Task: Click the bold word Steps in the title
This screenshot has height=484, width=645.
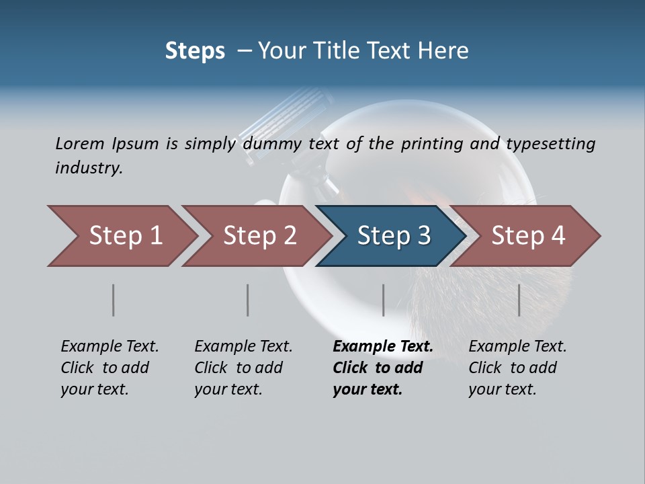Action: click(x=195, y=51)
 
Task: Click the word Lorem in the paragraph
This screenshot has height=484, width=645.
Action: click(x=80, y=144)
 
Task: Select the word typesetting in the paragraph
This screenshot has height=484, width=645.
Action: click(x=550, y=144)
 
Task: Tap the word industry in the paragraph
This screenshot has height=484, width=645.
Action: click(x=89, y=168)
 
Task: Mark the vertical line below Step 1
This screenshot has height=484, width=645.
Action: click(x=114, y=300)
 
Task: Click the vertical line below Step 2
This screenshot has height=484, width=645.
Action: click(x=248, y=300)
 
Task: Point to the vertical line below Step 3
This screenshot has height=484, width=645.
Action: click(x=383, y=300)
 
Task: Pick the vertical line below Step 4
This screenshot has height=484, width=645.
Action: click(x=519, y=300)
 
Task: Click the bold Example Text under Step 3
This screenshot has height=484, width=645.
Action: click(x=383, y=347)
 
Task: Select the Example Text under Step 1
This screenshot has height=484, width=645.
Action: click(x=110, y=347)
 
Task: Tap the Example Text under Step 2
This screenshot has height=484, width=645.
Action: click(x=243, y=347)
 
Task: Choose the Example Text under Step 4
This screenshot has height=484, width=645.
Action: click(x=517, y=347)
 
